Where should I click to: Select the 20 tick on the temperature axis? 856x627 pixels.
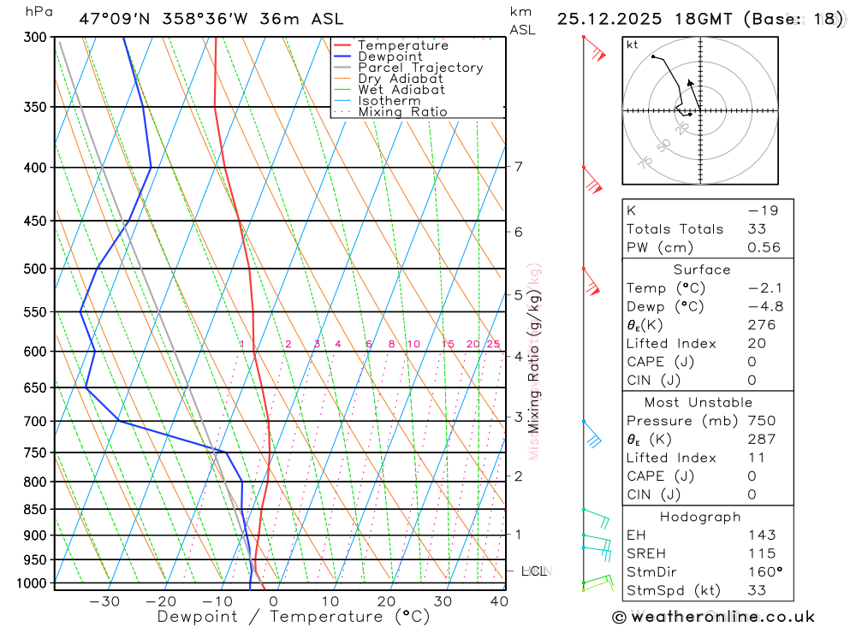point(387,601)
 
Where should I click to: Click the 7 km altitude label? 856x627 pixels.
point(519,166)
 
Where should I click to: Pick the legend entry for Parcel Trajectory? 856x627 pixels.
point(420,68)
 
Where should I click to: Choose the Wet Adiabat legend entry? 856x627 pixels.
point(401,90)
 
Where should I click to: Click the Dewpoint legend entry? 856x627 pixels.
point(390,56)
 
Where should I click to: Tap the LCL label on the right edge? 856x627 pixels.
point(534,571)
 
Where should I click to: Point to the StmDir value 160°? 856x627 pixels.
point(764,571)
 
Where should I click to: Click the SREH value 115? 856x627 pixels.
point(761,553)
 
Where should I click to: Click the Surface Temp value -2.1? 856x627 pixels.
point(764,288)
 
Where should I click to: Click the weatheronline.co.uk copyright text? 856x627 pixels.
point(714,617)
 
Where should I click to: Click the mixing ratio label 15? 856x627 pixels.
point(448,344)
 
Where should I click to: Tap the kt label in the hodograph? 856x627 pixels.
point(633,45)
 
